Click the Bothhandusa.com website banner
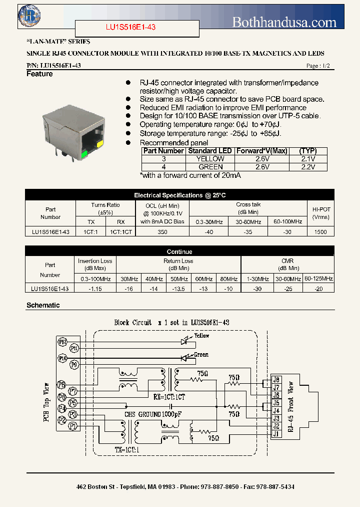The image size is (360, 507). [x=284, y=22]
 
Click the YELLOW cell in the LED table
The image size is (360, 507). [x=211, y=159]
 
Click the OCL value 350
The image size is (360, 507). [x=162, y=232]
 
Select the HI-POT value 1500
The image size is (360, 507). [x=320, y=232]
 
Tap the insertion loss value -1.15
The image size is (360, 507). [x=95, y=289]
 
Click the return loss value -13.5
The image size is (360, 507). [x=178, y=289]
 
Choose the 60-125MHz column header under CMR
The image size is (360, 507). [x=318, y=279]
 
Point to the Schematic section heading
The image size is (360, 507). [x=43, y=305]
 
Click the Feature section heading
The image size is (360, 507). [x=39, y=74]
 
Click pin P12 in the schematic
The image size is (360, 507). [x=62, y=342]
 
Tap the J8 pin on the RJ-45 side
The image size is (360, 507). [x=276, y=379]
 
